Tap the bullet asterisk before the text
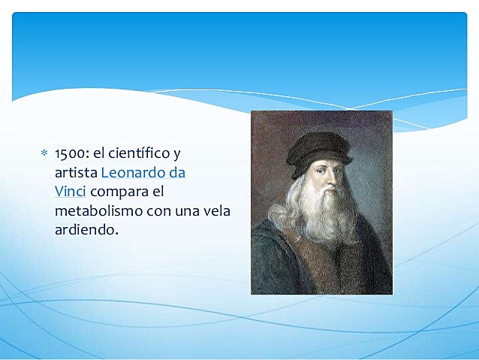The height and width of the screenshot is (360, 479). point(44,154)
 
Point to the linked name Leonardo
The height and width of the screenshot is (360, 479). point(134,173)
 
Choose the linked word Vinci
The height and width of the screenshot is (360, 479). point(71,192)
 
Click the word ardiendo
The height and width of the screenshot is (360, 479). point(86,230)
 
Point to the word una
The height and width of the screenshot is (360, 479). point(183,211)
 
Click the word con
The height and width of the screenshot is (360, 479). point(155,211)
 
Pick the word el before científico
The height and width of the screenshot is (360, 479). point(101,154)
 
